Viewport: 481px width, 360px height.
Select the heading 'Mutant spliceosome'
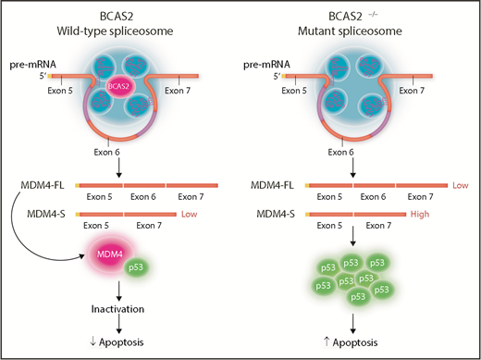click(x=356, y=31)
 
